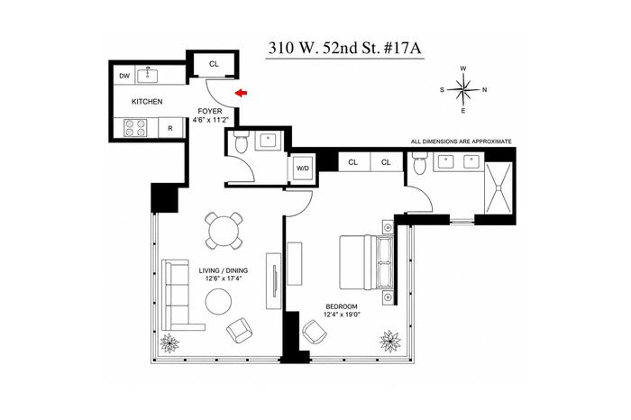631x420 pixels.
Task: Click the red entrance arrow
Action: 241,94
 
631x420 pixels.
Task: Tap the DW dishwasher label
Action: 124,76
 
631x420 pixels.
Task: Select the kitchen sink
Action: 147,75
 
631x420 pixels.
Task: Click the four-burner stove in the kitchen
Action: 135,128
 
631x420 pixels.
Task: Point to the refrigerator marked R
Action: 170,128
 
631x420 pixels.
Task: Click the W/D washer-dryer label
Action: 303,169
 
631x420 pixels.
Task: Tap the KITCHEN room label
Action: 147,102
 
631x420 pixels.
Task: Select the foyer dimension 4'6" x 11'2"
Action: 210,120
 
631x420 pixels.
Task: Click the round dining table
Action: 224,231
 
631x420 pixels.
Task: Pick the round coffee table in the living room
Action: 218,302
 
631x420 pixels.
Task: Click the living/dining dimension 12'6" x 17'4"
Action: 224,278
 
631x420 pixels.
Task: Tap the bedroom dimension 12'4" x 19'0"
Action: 342,315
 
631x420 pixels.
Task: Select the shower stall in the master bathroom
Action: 498,187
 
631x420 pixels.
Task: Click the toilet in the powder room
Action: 242,142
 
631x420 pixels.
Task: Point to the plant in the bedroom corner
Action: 390,342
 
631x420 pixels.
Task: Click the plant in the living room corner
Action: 169,343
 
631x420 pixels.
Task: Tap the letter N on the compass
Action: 485,90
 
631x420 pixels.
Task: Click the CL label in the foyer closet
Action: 215,64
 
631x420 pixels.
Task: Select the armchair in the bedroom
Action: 315,332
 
